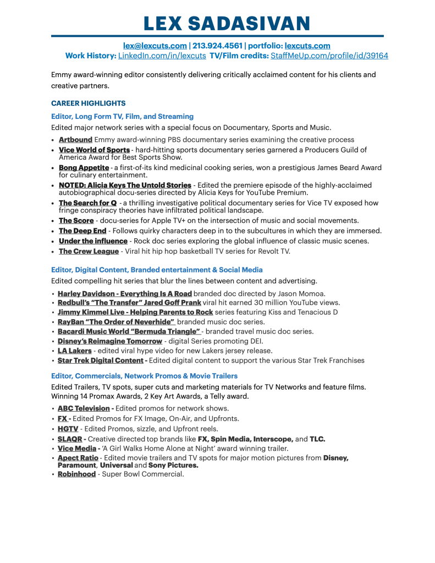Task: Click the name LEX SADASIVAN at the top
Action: click(x=226, y=23)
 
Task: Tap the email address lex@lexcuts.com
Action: click(x=155, y=46)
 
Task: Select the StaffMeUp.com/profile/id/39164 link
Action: click(x=329, y=56)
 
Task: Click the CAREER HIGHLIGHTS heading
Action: click(x=88, y=103)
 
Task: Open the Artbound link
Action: click(x=75, y=140)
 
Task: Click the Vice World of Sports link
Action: click(x=94, y=150)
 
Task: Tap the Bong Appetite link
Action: click(x=84, y=167)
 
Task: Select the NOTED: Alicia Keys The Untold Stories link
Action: click(x=125, y=185)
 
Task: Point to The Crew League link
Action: click(x=89, y=251)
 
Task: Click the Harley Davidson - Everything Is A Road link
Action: click(x=124, y=293)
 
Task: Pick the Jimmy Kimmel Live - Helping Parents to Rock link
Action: click(x=135, y=312)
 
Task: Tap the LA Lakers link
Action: click(x=74, y=351)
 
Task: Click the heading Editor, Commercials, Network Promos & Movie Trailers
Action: click(x=144, y=376)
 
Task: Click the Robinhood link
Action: click(x=76, y=474)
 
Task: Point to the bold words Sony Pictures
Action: click(x=173, y=465)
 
